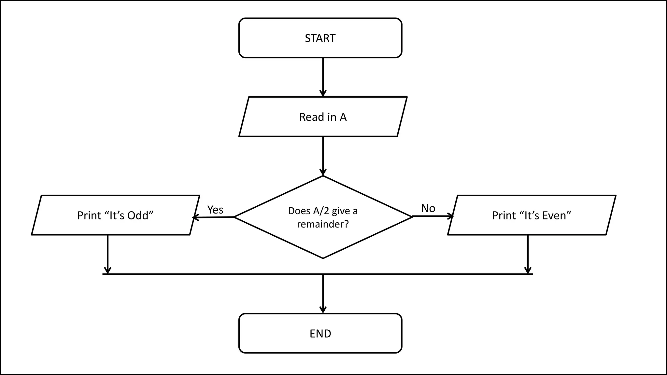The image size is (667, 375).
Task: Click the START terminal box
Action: pos(320,38)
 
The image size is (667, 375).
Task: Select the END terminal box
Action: pos(320,333)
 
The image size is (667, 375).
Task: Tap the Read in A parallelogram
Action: pos(323,117)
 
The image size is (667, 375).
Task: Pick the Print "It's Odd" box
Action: pos(115,215)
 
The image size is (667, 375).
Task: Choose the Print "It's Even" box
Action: pos(532,215)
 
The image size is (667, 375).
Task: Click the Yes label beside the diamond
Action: pos(215,210)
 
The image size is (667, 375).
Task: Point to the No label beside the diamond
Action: pos(428,208)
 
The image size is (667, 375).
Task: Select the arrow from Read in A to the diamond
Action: pos(323,156)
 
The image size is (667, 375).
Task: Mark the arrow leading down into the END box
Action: pos(323,293)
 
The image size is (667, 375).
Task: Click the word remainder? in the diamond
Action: pos(323,224)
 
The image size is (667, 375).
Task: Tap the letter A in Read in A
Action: pos(343,117)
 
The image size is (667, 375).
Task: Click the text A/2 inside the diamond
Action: pos(321,211)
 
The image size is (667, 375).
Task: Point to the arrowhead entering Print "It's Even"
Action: pos(451,216)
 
